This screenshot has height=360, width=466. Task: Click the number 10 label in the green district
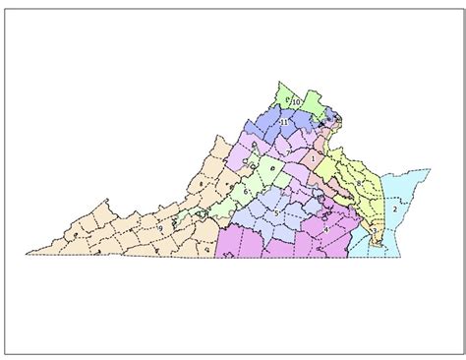(x=296, y=102)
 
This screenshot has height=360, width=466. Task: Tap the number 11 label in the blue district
(x=283, y=122)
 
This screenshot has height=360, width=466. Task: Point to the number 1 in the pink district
(x=313, y=158)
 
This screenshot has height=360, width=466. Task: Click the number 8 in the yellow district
(x=360, y=183)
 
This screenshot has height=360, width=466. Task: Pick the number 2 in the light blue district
(x=395, y=209)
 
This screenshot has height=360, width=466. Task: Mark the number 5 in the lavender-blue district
(x=276, y=211)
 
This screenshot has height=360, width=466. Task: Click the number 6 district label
(x=246, y=192)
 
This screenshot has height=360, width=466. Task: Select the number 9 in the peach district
(x=160, y=228)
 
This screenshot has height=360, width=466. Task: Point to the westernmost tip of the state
(x=27, y=255)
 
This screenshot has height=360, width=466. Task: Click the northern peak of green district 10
(x=282, y=82)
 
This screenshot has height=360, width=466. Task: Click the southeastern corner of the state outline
(x=401, y=257)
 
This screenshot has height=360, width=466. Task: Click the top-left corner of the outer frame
(x=5, y=5)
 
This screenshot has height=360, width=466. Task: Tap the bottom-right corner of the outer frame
(x=461, y=353)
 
